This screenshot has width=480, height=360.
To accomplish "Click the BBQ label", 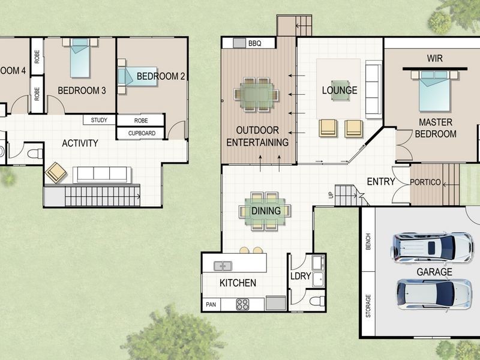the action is coord(254,43).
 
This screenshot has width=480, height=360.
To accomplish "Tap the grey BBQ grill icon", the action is coord(239,43).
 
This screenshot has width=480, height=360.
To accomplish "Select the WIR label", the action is coord(434,58).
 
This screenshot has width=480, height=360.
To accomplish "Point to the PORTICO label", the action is coord(425,182).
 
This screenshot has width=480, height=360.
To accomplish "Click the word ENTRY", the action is coord(381,182).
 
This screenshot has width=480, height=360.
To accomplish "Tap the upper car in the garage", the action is coord(432,247).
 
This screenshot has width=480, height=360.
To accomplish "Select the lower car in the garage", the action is coord(434,294).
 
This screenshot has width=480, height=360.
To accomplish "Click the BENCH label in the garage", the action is coord(368,242).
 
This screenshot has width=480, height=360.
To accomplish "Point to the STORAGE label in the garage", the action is coord(368,305).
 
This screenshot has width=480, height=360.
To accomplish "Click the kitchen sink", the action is coord(223,266).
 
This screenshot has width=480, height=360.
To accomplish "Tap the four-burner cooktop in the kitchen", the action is coord(242,304).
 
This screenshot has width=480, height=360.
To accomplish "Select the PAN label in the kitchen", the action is coord(211,305).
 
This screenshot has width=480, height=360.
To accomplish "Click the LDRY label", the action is coord(301,276).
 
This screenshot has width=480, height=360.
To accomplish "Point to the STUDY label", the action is coord(99,120).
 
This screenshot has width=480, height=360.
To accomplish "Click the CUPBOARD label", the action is coord(142,133).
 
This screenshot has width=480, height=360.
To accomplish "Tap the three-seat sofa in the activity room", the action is coord(102,175).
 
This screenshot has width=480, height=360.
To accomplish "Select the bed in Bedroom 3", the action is coord(80,58).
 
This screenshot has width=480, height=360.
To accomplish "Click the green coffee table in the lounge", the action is coord(340,91).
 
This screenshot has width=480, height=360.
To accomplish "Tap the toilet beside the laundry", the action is coord(317,301).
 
